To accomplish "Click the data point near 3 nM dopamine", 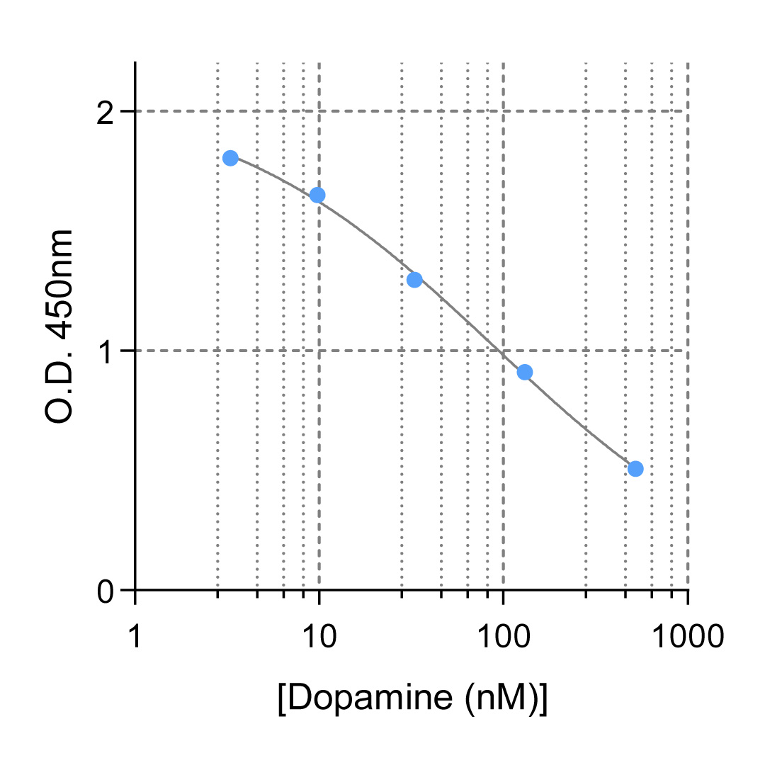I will pos(230,158).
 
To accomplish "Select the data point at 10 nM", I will pos(317,195).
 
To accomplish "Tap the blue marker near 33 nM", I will pos(414,280).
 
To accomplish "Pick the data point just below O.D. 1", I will pos(524,372).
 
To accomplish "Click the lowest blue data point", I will pos(635,468).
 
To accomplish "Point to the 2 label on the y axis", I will pos(106,112).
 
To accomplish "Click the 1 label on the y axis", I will pos(106,351).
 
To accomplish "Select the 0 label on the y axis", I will pos(106,590).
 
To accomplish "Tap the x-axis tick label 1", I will pos(135,637).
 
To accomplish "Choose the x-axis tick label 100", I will pos(503,637).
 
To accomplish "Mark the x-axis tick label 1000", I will pos(688,637).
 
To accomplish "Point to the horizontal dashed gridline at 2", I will pos(425,111).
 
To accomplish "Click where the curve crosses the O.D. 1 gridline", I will pos(501,351).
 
